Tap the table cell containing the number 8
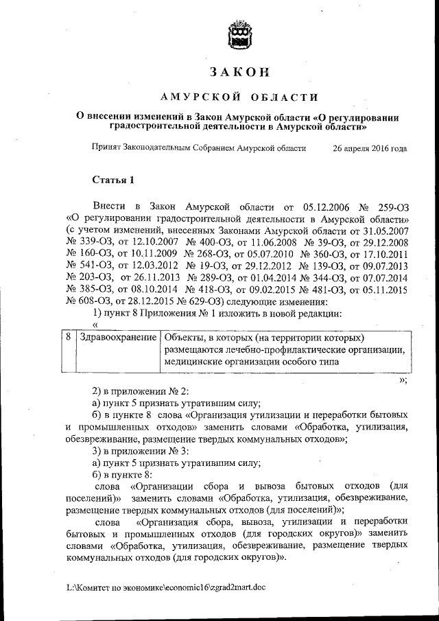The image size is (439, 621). tap(69, 338)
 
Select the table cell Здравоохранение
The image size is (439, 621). tap(118, 338)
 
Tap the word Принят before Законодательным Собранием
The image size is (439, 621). tap(108, 148)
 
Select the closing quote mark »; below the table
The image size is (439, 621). tap(403, 379)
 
